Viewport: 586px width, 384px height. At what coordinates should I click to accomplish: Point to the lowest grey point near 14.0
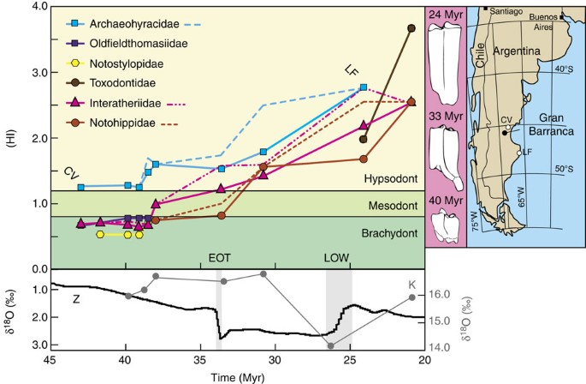click(330, 345)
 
